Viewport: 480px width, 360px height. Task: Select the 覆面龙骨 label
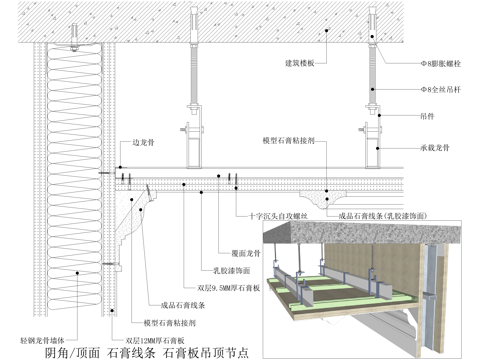pos(233,253)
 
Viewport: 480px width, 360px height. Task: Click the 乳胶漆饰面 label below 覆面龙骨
pos(230,269)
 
